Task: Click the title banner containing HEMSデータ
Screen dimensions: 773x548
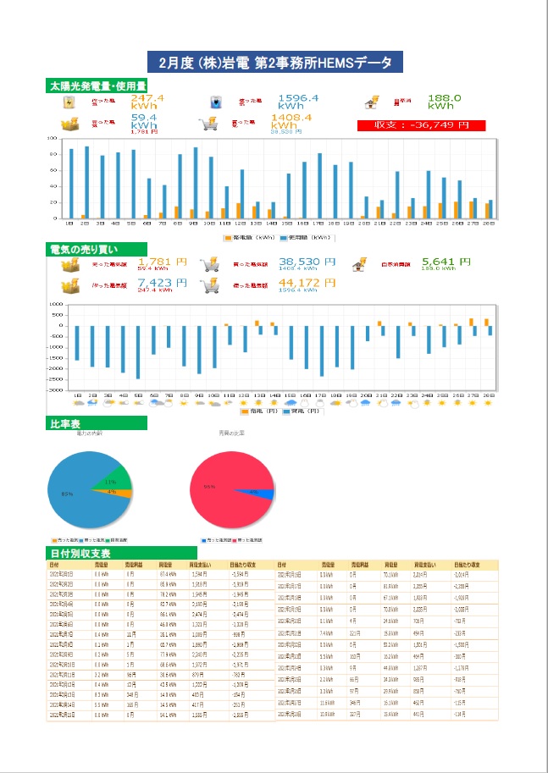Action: point(274,63)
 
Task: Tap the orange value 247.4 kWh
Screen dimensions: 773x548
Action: point(147,102)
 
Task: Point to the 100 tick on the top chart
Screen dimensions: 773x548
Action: point(52,138)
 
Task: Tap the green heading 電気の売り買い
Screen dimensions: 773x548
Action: point(88,249)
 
